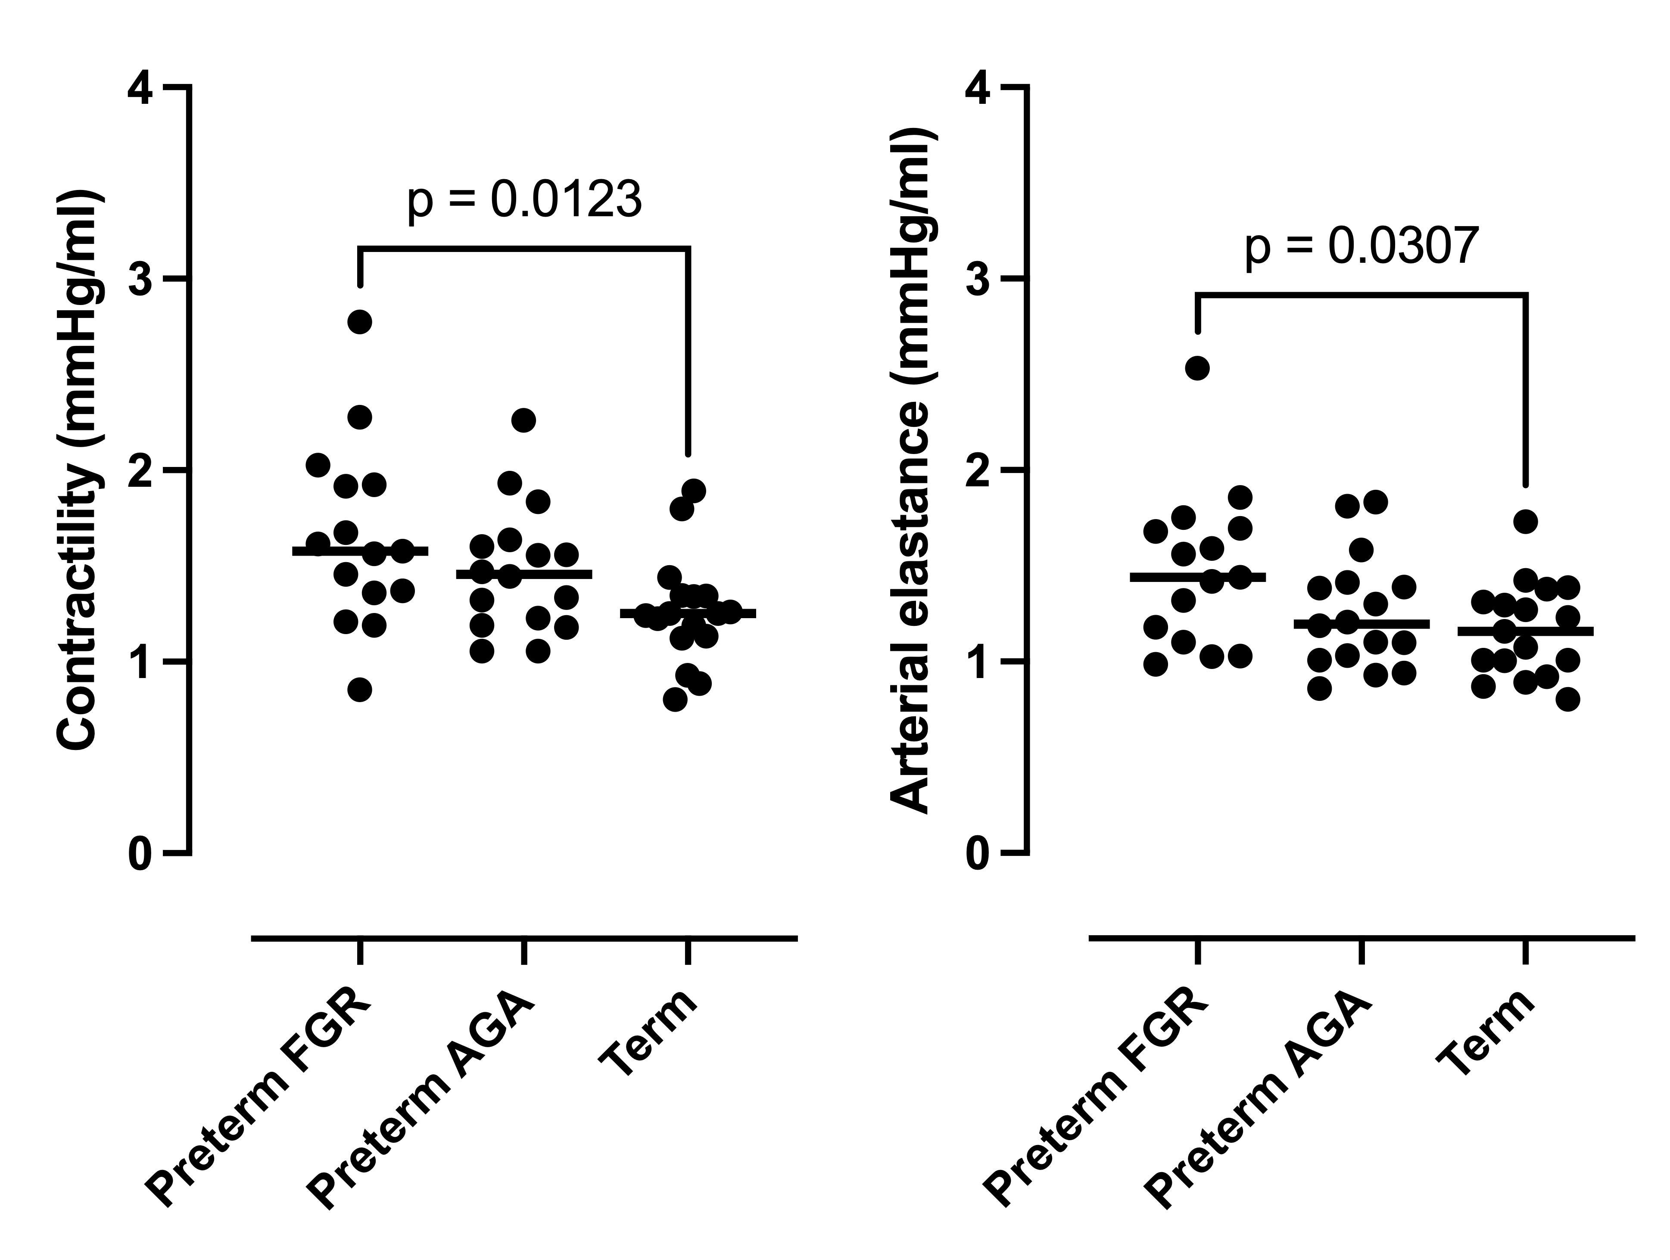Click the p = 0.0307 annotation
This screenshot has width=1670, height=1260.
pyautogui.click(x=1359, y=248)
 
